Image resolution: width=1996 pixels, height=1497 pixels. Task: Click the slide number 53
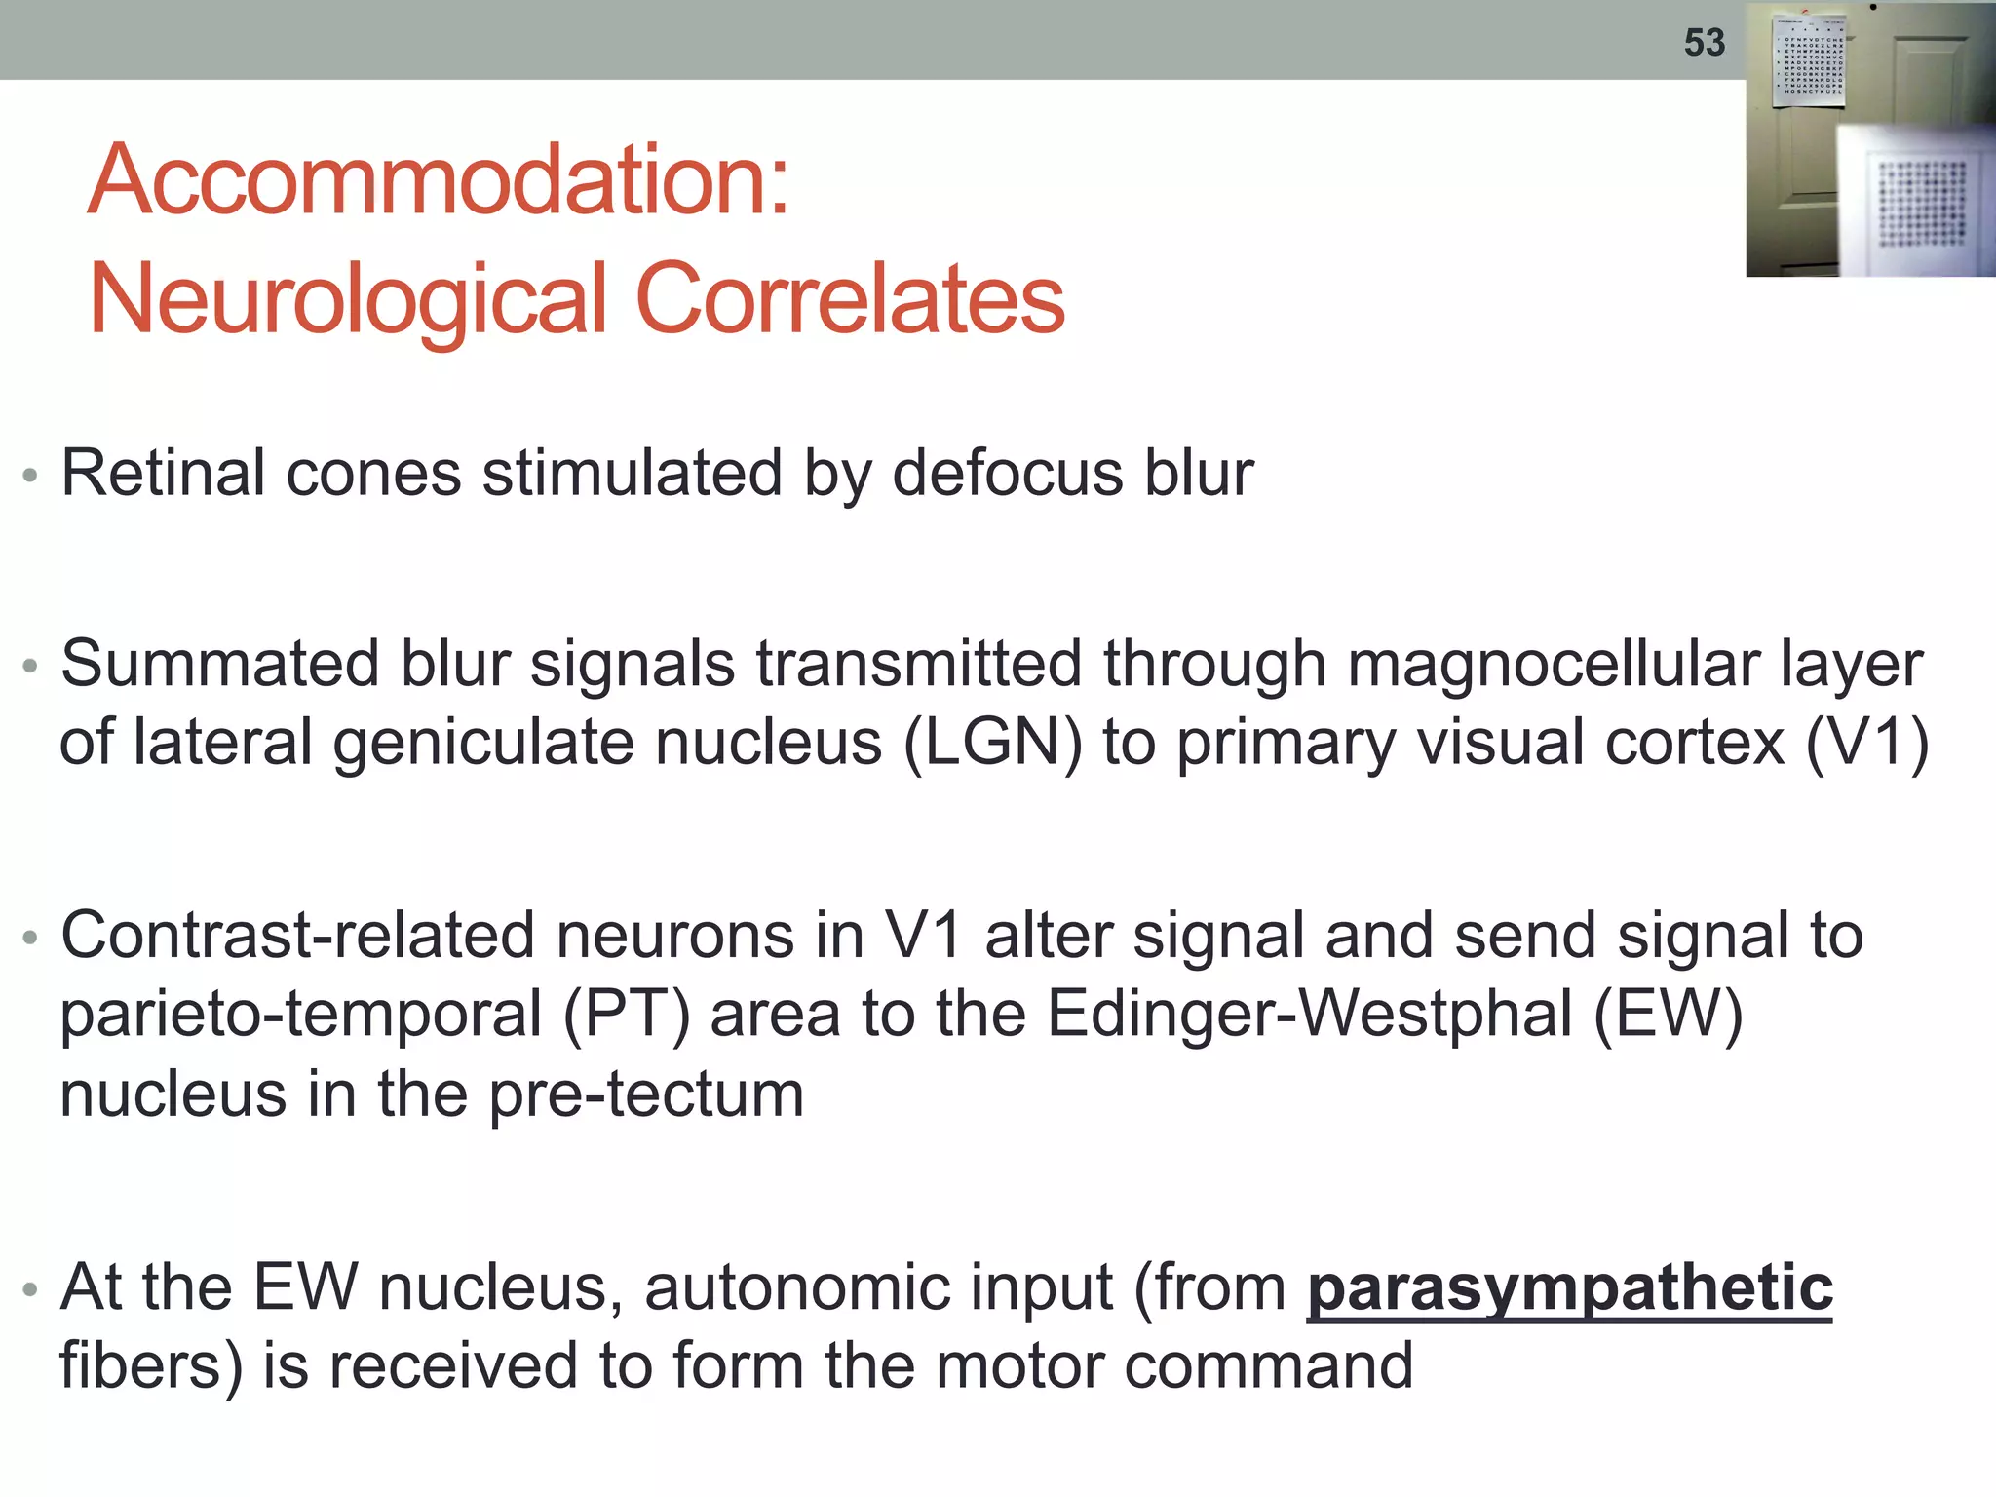(x=1704, y=43)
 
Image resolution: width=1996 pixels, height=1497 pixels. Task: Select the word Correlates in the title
(x=850, y=298)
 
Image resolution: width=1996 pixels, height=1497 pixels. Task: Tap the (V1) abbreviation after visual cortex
(x=1866, y=743)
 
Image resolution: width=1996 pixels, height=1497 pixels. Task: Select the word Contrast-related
(x=297, y=936)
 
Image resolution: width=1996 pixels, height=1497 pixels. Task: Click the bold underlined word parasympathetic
(x=1569, y=1288)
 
